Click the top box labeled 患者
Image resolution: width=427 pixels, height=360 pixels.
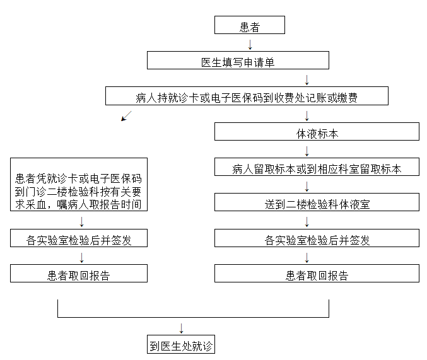[x=250, y=25]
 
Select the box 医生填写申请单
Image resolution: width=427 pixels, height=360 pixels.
[x=238, y=60]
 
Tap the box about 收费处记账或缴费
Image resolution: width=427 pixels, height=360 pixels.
[x=247, y=96]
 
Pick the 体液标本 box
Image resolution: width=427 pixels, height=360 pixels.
[x=317, y=132]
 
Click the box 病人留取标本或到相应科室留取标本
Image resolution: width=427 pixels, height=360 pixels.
[x=317, y=167]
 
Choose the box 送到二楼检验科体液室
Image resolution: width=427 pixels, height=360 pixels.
[x=317, y=202]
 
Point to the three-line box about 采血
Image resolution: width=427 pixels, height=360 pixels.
[x=79, y=184]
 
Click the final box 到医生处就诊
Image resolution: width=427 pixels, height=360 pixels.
[x=181, y=344]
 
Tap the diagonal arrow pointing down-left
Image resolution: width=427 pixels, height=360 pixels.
[x=126, y=116]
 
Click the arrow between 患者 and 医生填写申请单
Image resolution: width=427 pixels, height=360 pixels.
[x=250, y=45]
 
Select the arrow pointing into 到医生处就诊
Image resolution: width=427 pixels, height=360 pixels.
[x=182, y=328]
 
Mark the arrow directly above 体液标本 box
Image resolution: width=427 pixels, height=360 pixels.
[x=307, y=116]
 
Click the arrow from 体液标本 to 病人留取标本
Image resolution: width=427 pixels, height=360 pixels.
[x=307, y=151]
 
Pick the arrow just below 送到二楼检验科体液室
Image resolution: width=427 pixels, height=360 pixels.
[x=307, y=222]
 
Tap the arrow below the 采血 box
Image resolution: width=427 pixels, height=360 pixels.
[x=82, y=222]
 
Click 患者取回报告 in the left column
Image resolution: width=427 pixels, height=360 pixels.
[x=79, y=274]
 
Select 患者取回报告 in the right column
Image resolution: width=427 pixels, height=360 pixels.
[x=317, y=274]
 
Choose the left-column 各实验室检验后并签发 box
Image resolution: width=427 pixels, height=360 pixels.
[x=79, y=238]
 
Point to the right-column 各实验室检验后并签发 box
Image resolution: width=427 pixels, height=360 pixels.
[x=317, y=238]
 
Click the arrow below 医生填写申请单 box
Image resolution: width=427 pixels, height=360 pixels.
[x=307, y=80]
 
